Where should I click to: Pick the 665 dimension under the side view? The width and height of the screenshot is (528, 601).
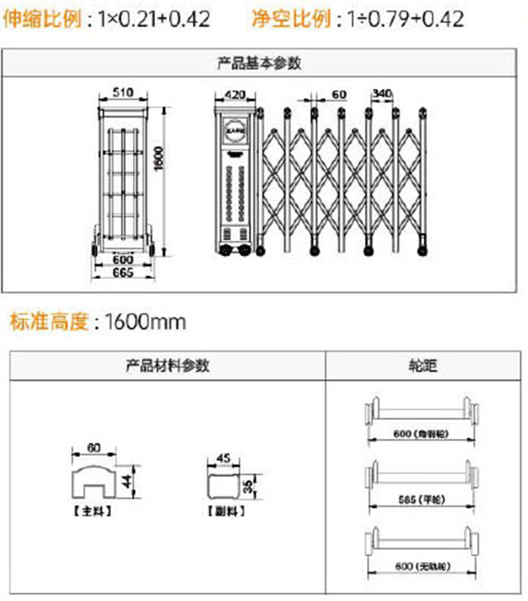tap(123, 272)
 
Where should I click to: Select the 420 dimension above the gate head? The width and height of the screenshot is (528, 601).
tap(235, 95)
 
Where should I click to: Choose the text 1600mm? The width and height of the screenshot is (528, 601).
tap(146, 323)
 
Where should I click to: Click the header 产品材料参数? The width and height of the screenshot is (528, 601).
tap(168, 365)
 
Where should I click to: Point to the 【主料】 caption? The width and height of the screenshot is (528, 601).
tap(93, 511)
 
